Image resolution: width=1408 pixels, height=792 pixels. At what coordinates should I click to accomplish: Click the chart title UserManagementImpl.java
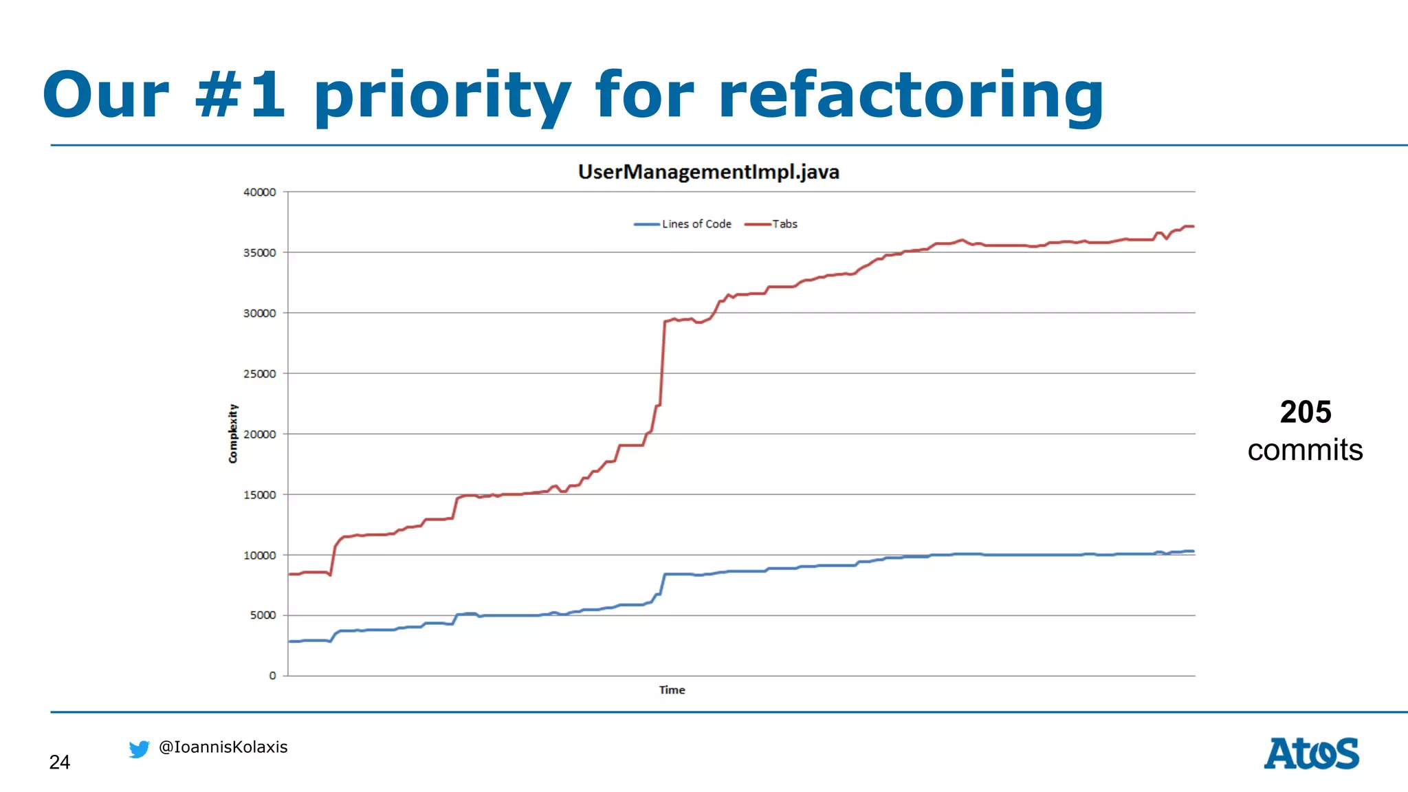click(708, 172)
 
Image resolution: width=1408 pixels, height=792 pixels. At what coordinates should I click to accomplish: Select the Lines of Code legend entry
click(696, 224)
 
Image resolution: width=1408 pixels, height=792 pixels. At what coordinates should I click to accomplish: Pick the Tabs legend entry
click(784, 224)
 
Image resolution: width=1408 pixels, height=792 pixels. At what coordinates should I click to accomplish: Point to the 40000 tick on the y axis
click(260, 192)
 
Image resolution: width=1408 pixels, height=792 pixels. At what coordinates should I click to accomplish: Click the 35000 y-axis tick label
click(260, 253)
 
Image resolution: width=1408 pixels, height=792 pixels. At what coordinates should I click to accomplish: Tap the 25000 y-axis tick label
click(260, 374)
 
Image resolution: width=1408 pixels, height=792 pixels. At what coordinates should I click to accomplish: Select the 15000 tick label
click(260, 495)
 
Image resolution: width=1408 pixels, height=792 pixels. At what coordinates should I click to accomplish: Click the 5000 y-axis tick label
click(263, 615)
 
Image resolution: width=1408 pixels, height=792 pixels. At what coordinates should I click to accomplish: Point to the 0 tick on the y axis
click(272, 676)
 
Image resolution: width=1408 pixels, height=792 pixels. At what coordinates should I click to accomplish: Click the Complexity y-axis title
click(233, 433)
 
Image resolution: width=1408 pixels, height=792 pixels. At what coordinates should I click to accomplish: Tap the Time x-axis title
click(672, 690)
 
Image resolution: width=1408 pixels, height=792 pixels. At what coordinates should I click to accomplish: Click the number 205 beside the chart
click(1306, 412)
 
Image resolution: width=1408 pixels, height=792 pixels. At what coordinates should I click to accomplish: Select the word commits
click(1305, 450)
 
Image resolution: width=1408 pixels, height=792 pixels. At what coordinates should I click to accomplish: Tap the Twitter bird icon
click(139, 749)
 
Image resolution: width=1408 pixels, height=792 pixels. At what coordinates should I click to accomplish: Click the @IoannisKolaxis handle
click(223, 747)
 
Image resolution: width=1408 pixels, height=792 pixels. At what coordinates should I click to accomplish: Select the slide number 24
click(60, 762)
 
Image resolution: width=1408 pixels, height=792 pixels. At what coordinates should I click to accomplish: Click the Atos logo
click(1311, 753)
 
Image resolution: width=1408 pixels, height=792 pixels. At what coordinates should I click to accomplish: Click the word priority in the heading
click(442, 96)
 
